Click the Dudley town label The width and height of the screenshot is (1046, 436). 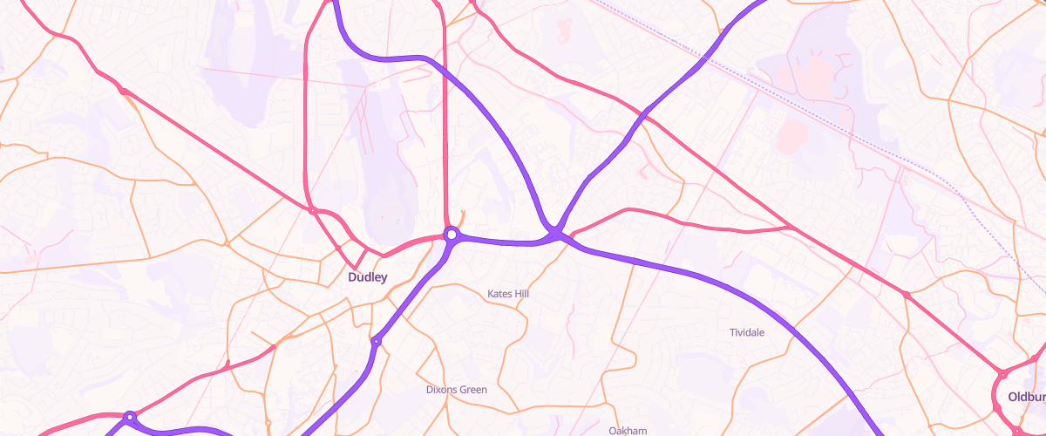(x=367, y=278)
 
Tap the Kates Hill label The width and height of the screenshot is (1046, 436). (x=508, y=294)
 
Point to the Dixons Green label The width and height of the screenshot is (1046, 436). (x=457, y=389)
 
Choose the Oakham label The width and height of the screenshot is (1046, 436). (x=628, y=431)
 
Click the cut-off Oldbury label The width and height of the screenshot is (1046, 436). (x=1026, y=396)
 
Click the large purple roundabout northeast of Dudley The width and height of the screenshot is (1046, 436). (x=451, y=235)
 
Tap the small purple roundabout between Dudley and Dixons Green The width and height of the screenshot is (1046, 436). (x=376, y=341)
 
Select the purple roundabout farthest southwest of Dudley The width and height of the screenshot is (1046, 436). (x=130, y=418)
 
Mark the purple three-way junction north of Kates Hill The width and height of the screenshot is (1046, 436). (x=555, y=234)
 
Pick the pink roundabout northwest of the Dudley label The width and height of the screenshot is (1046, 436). (x=312, y=210)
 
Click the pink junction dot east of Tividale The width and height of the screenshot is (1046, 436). (x=907, y=296)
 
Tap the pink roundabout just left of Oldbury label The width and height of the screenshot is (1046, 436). (x=1002, y=375)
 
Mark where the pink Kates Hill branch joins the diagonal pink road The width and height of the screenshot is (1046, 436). (x=791, y=228)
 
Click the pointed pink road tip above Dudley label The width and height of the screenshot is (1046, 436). (x=355, y=266)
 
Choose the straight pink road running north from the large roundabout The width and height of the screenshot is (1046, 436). (x=445, y=131)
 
